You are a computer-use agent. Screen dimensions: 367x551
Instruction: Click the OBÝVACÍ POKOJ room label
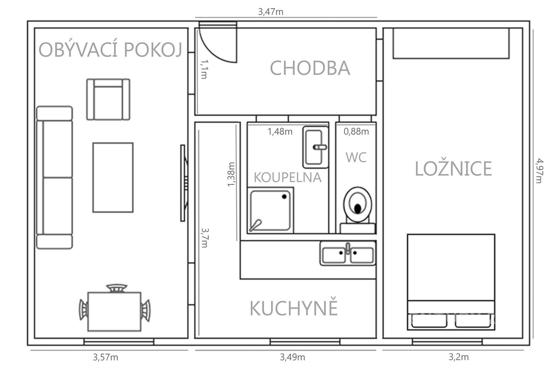click(x=110, y=50)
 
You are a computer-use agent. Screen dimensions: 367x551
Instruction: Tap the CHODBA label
click(x=310, y=68)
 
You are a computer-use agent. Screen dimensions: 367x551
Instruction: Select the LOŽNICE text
click(x=453, y=169)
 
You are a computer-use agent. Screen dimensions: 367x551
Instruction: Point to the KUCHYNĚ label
click(x=293, y=308)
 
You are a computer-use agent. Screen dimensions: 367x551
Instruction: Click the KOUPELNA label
click(x=288, y=177)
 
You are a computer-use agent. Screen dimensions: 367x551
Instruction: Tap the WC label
click(x=356, y=157)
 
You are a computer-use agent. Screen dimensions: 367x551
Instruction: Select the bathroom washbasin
click(x=315, y=147)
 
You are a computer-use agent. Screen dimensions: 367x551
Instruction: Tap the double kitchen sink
click(x=347, y=254)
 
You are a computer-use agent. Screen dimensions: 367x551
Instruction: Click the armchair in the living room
click(x=108, y=99)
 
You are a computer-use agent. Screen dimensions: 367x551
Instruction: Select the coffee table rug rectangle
click(x=113, y=177)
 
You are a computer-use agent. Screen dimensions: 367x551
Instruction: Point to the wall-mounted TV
click(x=184, y=183)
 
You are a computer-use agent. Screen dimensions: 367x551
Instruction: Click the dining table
click(x=114, y=312)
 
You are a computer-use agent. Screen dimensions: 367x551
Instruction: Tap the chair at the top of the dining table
click(x=116, y=288)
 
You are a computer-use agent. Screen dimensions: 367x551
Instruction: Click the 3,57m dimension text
click(x=105, y=357)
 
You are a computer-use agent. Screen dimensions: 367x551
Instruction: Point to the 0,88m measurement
click(x=356, y=131)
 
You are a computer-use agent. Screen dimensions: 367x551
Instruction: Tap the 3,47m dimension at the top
click(x=271, y=12)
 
